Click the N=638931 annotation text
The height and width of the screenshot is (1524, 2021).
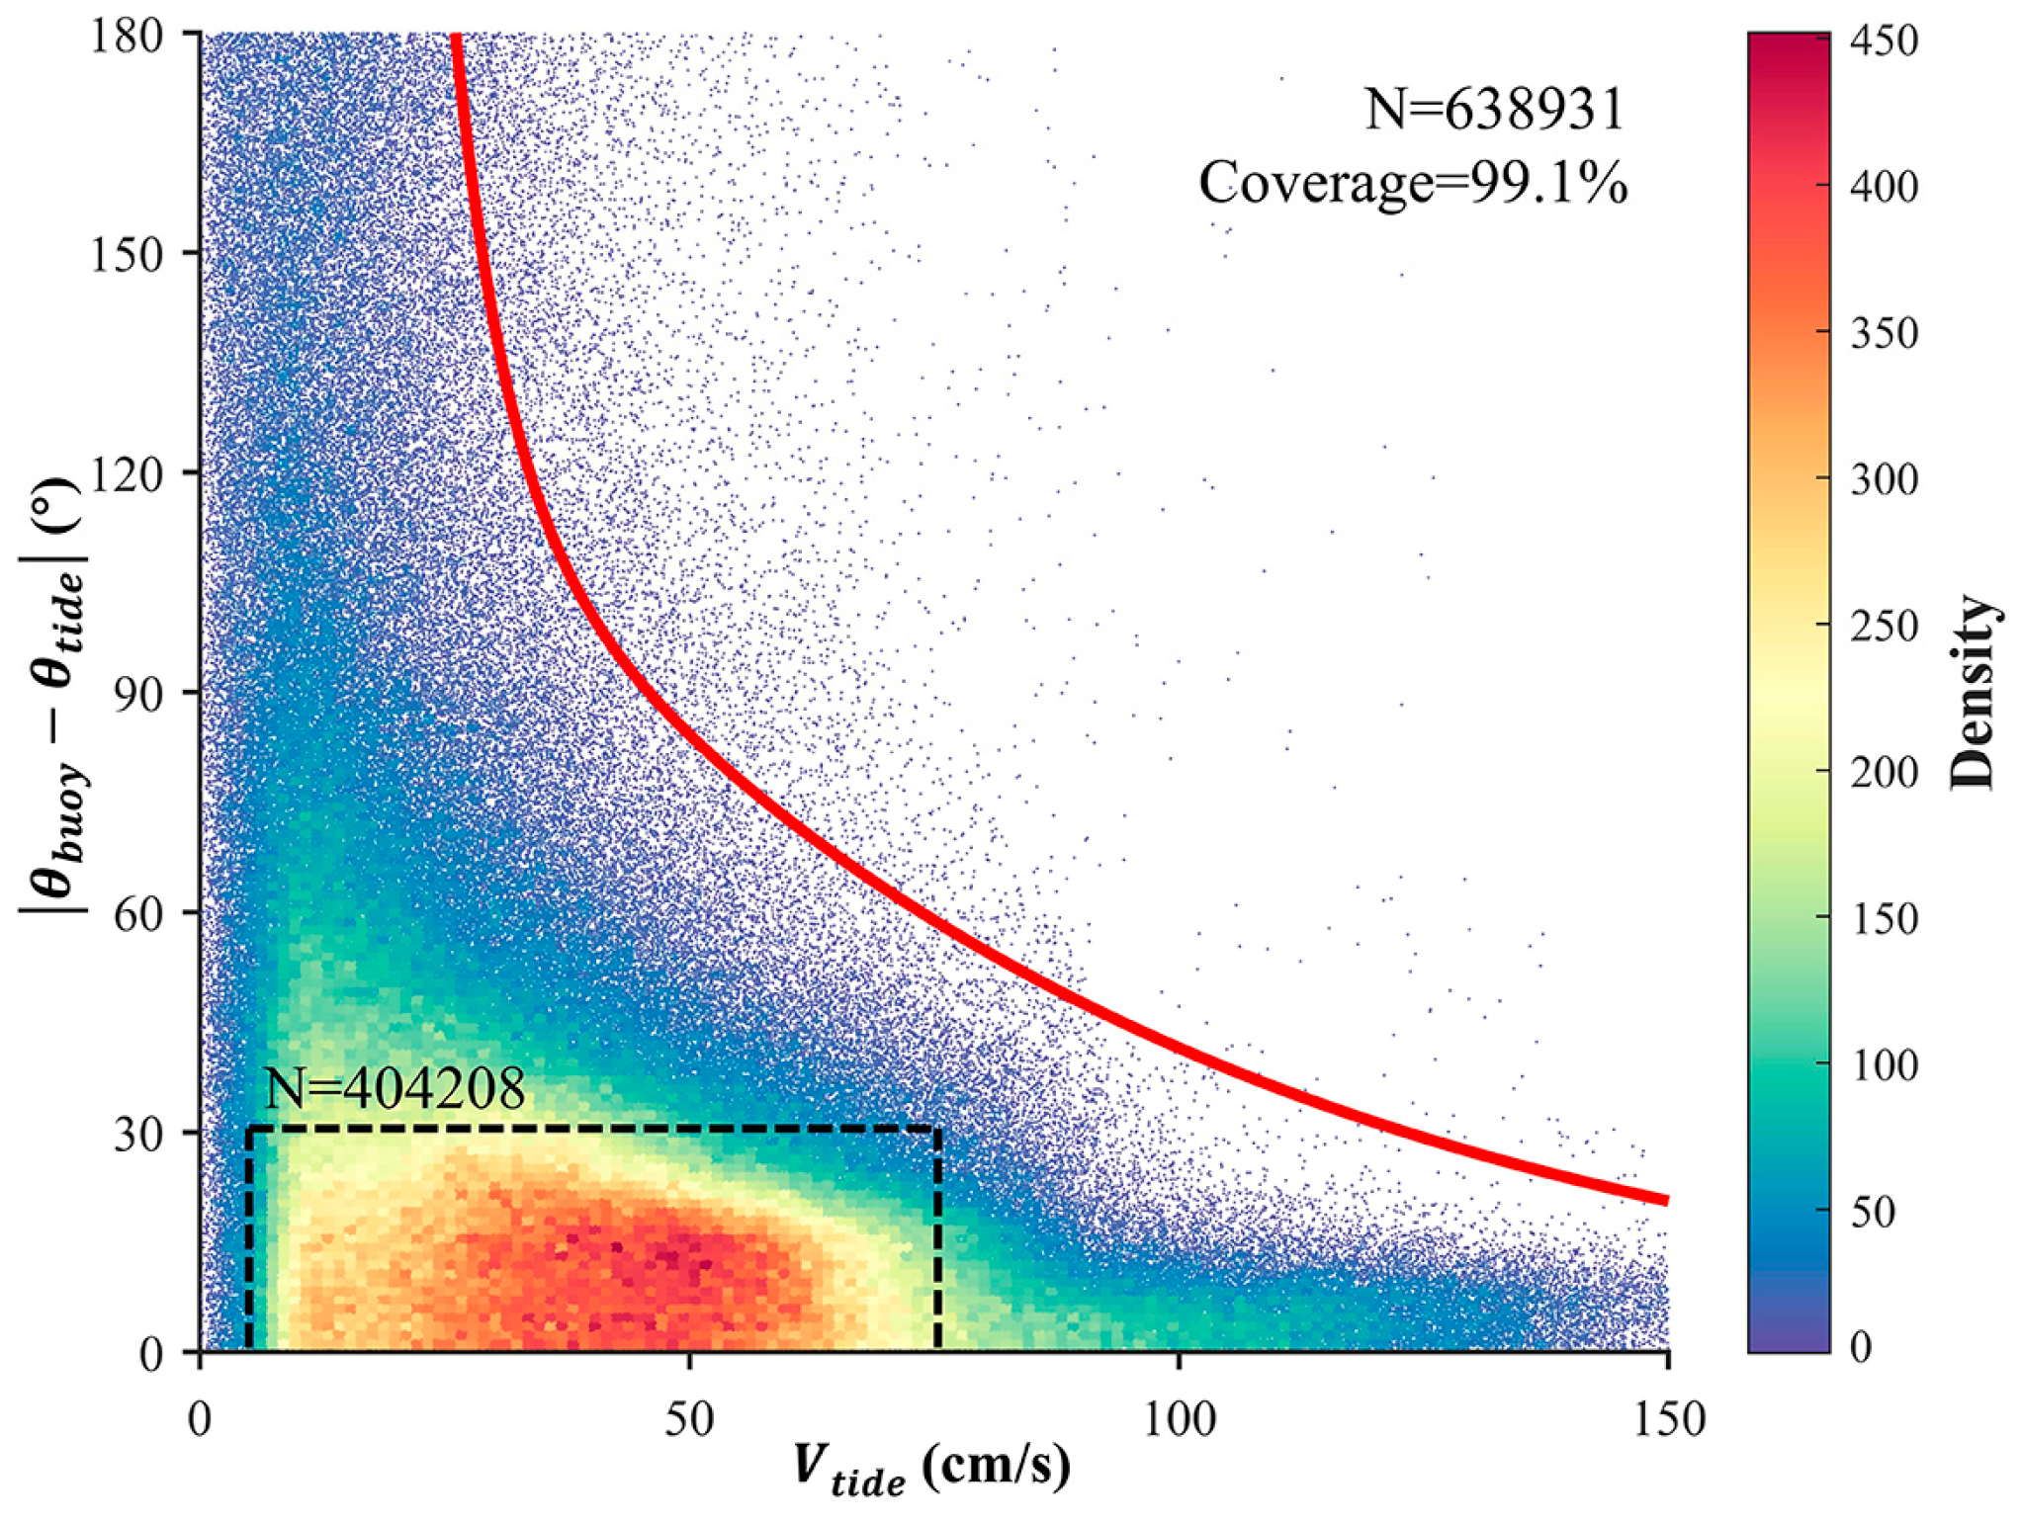[1495, 109]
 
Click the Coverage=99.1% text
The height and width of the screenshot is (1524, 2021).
[1413, 183]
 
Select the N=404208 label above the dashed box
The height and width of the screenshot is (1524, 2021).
[395, 1089]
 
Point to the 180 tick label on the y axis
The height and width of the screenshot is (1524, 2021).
[127, 37]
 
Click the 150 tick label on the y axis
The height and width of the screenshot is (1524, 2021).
[127, 256]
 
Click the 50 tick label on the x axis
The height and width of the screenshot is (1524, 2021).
[689, 1420]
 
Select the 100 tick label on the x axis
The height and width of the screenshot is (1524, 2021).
[1179, 1420]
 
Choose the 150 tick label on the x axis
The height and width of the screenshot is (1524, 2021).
[1668, 1420]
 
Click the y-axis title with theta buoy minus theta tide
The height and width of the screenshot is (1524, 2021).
[54, 697]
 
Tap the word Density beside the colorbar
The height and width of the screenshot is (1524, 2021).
[1973, 692]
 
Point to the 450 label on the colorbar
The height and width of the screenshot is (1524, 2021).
[1885, 42]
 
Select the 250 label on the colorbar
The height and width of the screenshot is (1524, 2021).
[1885, 626]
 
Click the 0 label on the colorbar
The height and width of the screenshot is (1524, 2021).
[1861, 1347]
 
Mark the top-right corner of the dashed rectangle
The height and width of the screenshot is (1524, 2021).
[937, 1128]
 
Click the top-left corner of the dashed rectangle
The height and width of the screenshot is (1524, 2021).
[249, 1128]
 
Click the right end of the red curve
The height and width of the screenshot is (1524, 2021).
[1666, 1200]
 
